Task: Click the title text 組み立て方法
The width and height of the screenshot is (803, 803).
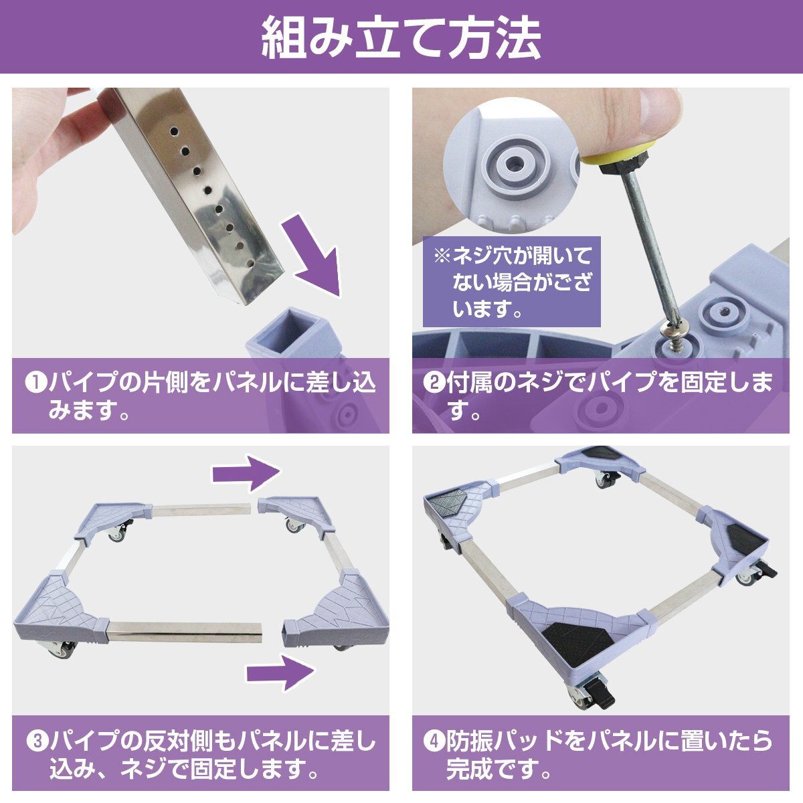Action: point(401,38)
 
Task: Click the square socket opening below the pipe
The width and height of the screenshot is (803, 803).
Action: point(290,327)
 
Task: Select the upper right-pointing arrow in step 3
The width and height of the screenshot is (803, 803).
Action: point(247,473)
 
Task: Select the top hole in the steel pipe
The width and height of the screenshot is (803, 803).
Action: point(174,131)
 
